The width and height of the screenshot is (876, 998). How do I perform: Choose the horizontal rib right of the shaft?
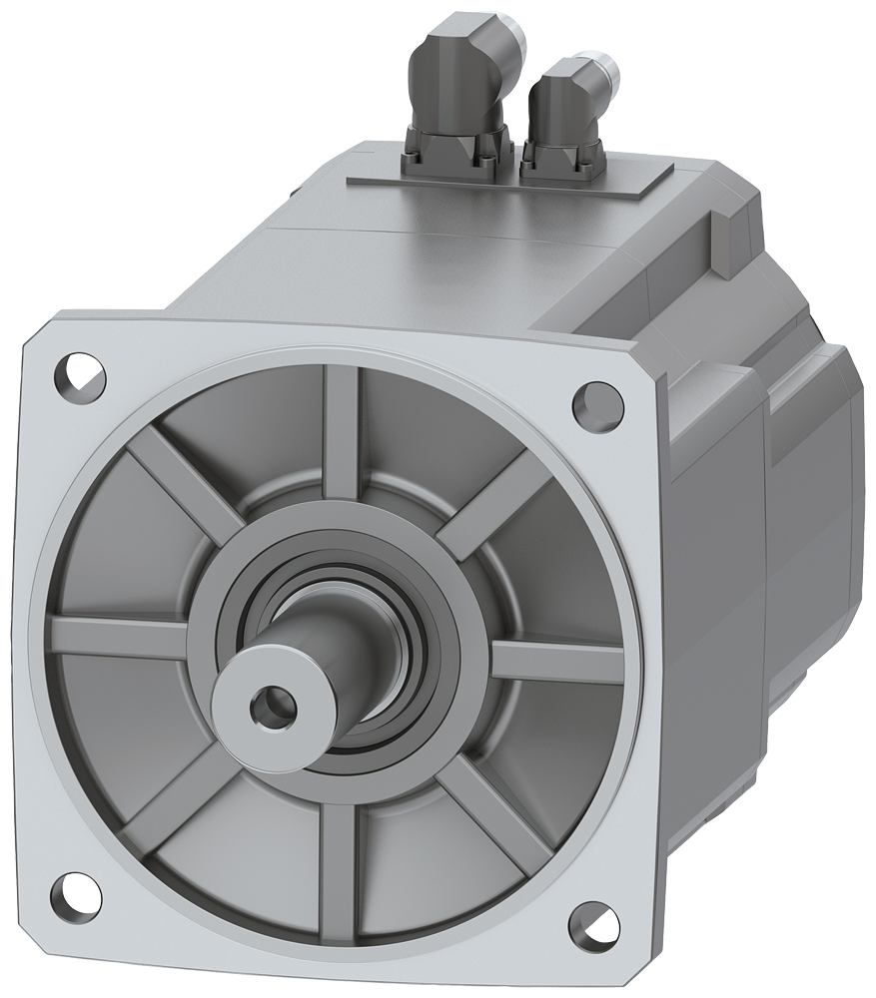(554, 661)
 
